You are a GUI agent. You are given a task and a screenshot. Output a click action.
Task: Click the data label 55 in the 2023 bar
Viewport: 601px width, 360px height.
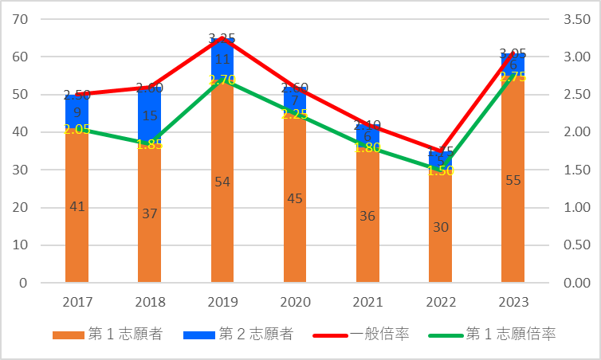pyautogui.click(x=513, y=180)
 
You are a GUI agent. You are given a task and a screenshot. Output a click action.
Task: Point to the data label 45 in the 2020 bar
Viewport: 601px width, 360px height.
pyautogui.click(x=295, y=198)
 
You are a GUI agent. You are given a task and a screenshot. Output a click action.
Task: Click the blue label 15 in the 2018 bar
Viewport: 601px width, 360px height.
pyautogui.click(x=150, y=115)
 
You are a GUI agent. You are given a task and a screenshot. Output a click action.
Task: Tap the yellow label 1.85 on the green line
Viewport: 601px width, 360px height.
pyautogui.click(x=150, y=144)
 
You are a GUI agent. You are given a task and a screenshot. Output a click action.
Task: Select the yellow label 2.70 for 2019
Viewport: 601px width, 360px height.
pyautogui.click(x=222, y=80)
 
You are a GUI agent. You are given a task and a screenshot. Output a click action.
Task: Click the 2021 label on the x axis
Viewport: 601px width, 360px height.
pyautogui.click(x=367, y=303)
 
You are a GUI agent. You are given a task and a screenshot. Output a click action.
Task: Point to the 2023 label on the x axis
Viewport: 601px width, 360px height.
pyautogui.click(x=513, y=303)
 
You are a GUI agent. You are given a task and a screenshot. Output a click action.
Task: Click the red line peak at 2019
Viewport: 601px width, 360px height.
pyautogui.click(x=222, y=38)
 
